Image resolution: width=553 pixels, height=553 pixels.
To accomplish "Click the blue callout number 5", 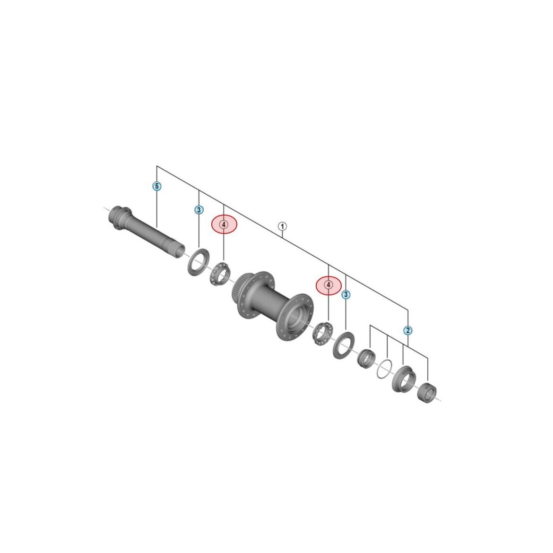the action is [157, 186].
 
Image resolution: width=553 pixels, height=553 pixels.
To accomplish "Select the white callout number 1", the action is [283, 226].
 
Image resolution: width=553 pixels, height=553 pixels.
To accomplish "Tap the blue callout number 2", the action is [408, 330].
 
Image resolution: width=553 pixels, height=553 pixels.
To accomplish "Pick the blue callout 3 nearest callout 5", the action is [199, 210].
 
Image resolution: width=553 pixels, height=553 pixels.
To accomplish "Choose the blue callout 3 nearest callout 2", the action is [346, 294].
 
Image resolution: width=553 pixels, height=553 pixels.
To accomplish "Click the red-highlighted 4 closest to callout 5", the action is [225, 225].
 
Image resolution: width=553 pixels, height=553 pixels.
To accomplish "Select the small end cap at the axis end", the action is [427, 392].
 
